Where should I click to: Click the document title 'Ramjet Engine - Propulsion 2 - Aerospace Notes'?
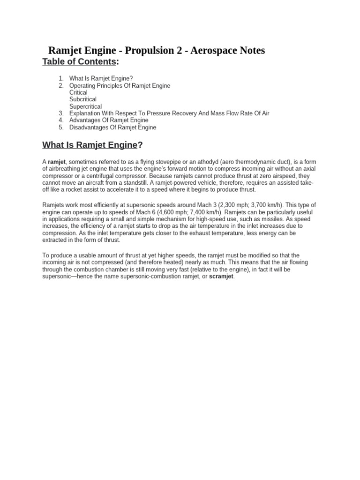click(157, 50)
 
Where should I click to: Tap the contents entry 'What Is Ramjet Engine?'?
click(101, 79)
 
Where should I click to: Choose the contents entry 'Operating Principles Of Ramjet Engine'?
click(120, 86)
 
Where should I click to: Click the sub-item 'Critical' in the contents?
click(78, 92)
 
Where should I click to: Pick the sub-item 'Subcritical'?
click(83, 99)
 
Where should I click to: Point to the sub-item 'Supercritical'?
click(85, 106)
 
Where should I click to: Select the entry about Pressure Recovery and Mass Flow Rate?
click(169, 113)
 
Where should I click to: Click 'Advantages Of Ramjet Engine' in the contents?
click(109, 120)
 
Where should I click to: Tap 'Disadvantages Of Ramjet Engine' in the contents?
click(112, 127)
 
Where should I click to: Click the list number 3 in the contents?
click(61, 113)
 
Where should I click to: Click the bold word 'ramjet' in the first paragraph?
click(57, 162)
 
